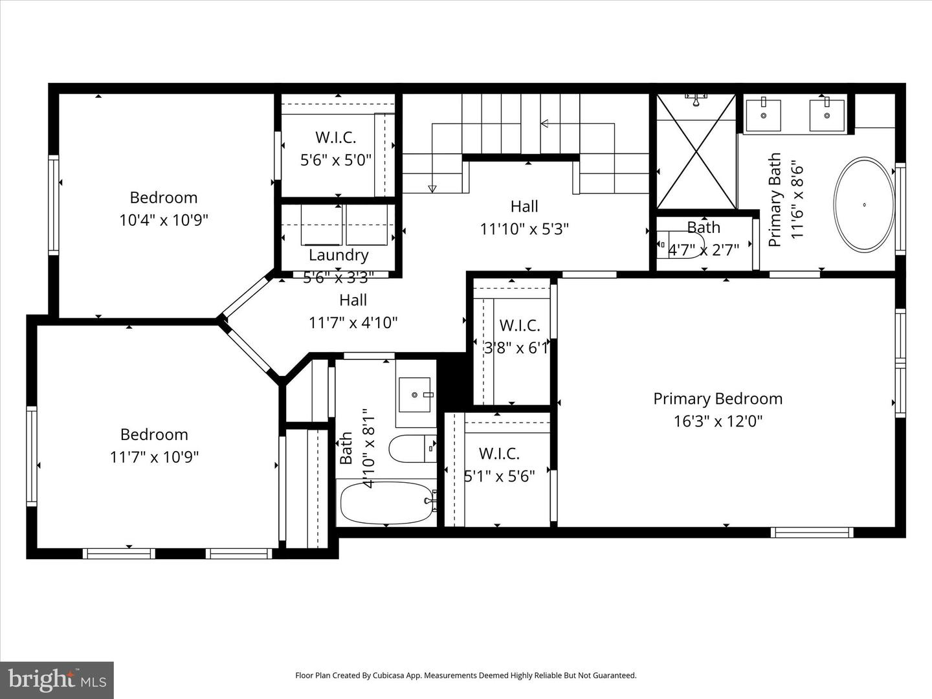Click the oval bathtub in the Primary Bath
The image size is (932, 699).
point(864,205)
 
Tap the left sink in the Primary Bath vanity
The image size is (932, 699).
point(763,116)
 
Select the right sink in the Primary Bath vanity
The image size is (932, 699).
point(827,116)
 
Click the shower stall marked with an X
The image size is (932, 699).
point(696,153)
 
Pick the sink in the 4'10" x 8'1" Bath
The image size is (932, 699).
point(414,394)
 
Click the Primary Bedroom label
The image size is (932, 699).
point(718,399)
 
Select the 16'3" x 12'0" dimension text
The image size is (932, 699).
point(718,421)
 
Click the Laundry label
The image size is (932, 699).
point(338,255)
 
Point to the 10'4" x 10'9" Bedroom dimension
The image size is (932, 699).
point(164,220)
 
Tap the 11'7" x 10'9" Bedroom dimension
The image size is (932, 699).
point(154,457)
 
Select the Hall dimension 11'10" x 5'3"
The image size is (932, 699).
point(524,228)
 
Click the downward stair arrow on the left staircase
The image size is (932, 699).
point(432,188)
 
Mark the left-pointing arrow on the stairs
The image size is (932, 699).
point(545,123)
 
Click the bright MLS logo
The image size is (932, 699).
point(57,680)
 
